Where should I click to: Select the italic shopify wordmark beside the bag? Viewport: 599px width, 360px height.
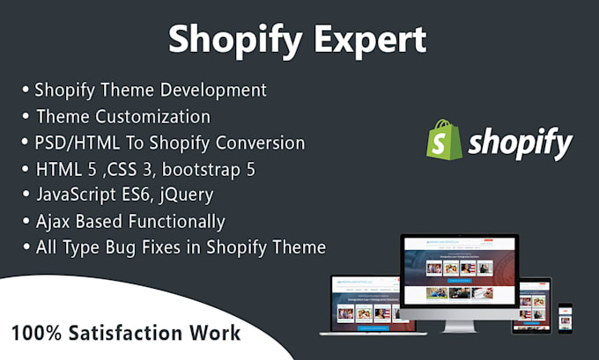click(x=520, y=143)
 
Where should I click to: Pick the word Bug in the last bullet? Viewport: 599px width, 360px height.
click(x=132, y=247)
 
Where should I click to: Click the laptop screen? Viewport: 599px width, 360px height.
click(x=366, y=300)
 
